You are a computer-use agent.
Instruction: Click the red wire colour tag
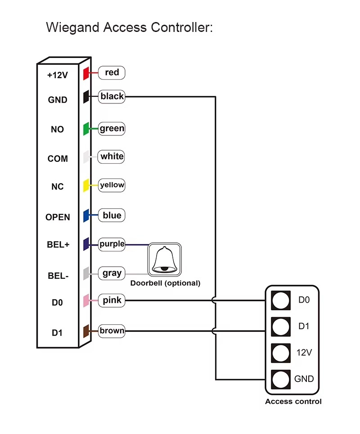pyautogui.click(x=112, y=73)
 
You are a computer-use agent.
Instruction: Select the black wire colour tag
pyautogui.click(x=112, y=97)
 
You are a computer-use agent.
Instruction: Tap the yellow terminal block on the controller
pyautogui.click(x=86, y=185)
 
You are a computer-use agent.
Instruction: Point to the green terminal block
pyautogui.click(x=86, y=129)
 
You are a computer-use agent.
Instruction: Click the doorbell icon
pyautogui.click(x=165, y=260)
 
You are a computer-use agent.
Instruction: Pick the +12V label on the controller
pyautogui.click(x=57, y=75)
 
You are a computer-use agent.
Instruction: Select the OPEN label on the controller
pyautogui.click(x=58, y=217)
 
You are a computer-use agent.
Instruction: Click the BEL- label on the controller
pyautogui.click(x=58, y=276)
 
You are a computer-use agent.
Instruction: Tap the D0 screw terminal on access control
pyautogui.click(x=281, y=300)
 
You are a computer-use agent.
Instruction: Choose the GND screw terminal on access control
pyautogui.click(x=281, y=380)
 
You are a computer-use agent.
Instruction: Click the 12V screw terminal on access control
pyautogui.click(x=281, y=353)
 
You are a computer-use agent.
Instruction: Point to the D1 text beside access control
pyautogui.click(x=304, y=327)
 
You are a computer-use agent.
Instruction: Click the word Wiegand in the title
pyautogui.click(x=72, y=27)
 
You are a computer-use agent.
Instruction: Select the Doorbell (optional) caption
pyautogui.click(x=165, y=283)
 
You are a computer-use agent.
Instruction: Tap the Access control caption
pyautogui.click(x=293, y=402)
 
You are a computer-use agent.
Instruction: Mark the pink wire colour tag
pyautogui.click(x=112, y=300)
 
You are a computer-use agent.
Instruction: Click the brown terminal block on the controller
pyautogui.click(x=86, y=331)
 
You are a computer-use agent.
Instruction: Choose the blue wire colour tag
pyautogui.click(x=112, y=215)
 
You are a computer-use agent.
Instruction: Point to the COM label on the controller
pyautogui.click(x=58, y=159)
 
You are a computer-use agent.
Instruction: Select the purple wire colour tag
pyautogui.click(x=112, y=244)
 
